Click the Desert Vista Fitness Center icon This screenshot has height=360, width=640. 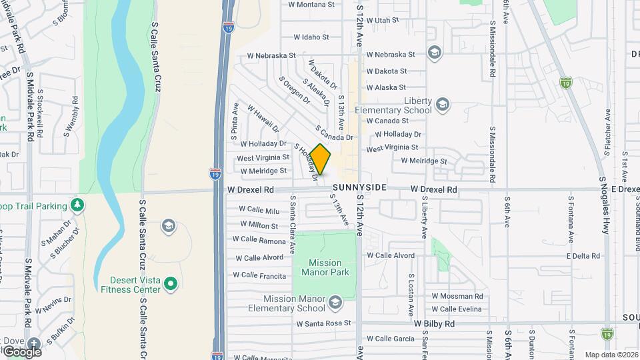coord(171,285)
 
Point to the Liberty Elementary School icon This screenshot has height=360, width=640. coord(442,105)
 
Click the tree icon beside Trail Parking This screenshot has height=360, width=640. coord(78,205)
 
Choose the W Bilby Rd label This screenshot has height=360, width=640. coord(434,323)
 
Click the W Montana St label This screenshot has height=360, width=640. coord(311,5)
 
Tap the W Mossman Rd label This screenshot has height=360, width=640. coord(457,296)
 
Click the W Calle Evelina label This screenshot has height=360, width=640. coord(457,309)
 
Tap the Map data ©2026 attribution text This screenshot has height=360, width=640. coord(611,355)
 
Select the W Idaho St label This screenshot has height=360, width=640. coord(311,37)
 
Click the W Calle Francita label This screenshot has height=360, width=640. coord(259,275)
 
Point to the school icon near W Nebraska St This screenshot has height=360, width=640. coord(435,53)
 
